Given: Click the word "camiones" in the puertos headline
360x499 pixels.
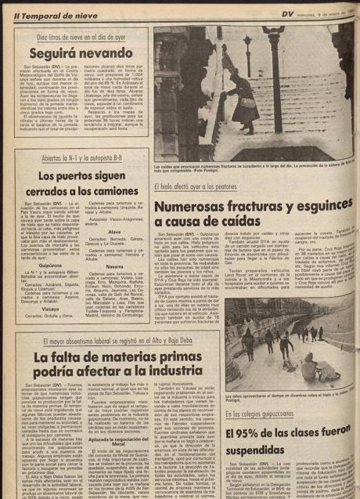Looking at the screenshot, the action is (105, 189).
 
